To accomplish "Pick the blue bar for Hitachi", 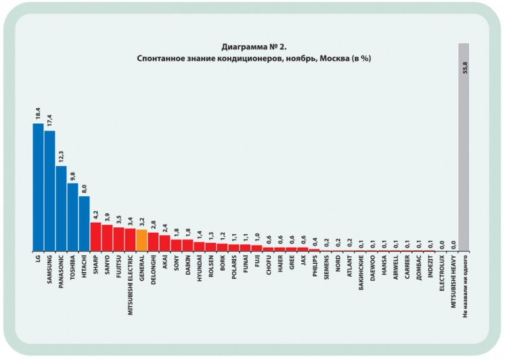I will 84,223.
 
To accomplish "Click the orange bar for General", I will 141,240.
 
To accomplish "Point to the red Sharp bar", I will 95,236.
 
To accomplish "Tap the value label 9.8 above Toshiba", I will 72,175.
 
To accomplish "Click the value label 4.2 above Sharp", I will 95,215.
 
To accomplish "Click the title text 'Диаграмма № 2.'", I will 254,47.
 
